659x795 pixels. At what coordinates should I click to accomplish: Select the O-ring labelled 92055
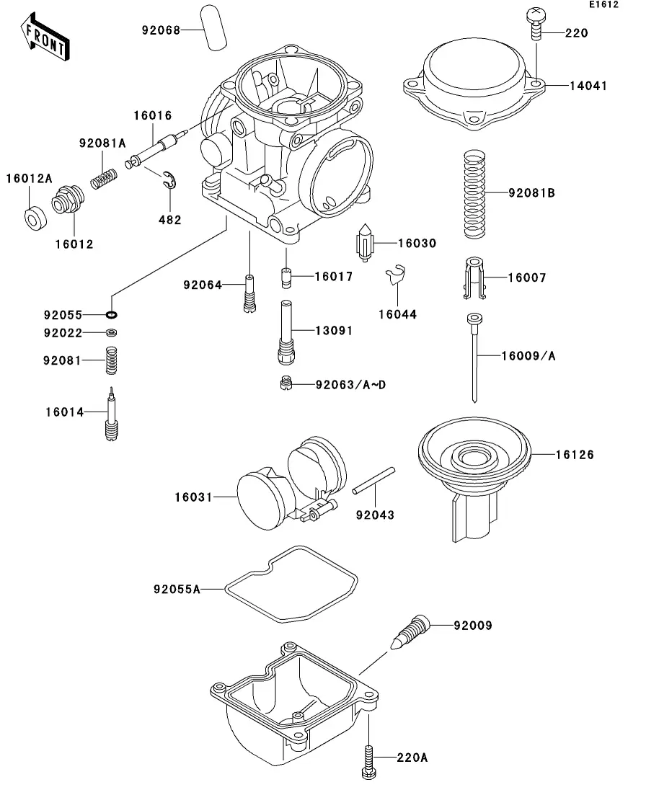(x=112, y=315)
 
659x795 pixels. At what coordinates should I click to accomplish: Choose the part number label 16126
(x=575, y=455)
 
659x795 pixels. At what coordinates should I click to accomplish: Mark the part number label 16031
(x=194, y=497)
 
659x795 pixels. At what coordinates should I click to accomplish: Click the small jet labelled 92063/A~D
(x=285, y=384)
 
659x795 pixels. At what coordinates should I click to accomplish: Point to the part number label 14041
(x=588, y=85)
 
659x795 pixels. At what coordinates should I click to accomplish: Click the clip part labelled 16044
(x=396, y=277)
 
